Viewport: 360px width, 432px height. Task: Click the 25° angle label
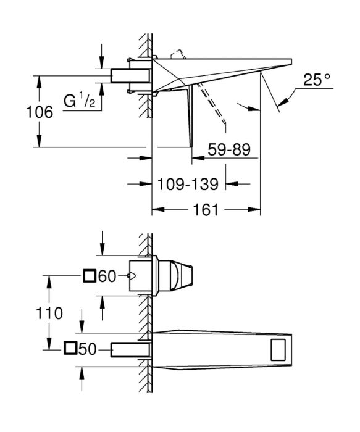(x=316, y=80)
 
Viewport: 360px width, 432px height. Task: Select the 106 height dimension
(x=40, y=112)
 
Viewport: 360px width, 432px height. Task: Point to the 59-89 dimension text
(x=229, y=149)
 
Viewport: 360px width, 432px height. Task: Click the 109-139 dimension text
(x=188, y=184)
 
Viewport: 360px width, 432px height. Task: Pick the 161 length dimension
(x=206, y=210)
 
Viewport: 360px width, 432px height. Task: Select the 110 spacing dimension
(x=49, y=314)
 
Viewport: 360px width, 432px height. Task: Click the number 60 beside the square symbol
(x=107, y=276)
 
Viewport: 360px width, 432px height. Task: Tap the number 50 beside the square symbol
(x=88, y=350)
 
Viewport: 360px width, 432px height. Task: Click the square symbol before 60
(x=90, y=276)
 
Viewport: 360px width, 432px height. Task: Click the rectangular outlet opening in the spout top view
(x=278, y=350)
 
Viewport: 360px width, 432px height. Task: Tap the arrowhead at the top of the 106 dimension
(x=40, y=82)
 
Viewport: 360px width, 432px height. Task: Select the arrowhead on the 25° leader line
(x=283, y=102)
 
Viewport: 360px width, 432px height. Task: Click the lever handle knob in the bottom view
(x=181, y=276)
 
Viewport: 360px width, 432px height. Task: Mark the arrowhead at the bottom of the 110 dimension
(x=49, y=344)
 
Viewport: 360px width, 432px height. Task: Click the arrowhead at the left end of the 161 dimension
(x=159, y=210)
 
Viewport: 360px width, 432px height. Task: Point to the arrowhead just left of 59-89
(x=198, y=158)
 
